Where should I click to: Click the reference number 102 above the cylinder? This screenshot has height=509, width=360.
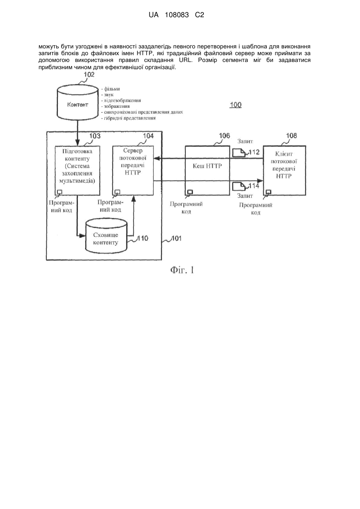click(x=89, y=74)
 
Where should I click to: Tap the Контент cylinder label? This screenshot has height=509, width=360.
click(x=78, y=105)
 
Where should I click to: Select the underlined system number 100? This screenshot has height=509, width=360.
click(x=235, y=105)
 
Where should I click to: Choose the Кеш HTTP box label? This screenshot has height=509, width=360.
click(x=207, y=166)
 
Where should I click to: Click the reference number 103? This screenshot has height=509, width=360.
click(x=95, y=136)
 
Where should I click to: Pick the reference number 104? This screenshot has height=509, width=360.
click(x=148, y=136)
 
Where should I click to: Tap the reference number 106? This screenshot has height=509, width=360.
click(x=225, y=136)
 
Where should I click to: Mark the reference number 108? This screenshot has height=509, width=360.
click(x=291, y=136)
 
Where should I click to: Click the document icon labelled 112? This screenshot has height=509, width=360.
click(x=239, y=153)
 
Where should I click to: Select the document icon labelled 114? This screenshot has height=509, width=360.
click(x=239, y=186)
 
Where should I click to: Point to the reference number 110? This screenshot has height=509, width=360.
click(x=143, y=238)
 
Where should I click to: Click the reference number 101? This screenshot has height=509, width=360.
click(x=176, y=238)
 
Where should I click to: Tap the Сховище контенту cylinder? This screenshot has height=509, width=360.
click(x=106, y=236)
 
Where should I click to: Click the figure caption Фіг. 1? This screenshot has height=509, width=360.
click(x=182, y=270)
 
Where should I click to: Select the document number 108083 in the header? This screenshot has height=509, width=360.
click(x=177, y=15)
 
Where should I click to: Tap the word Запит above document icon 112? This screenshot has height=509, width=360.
click(x=245, y=141)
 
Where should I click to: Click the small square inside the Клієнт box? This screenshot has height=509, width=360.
click(x=269, y=192)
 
